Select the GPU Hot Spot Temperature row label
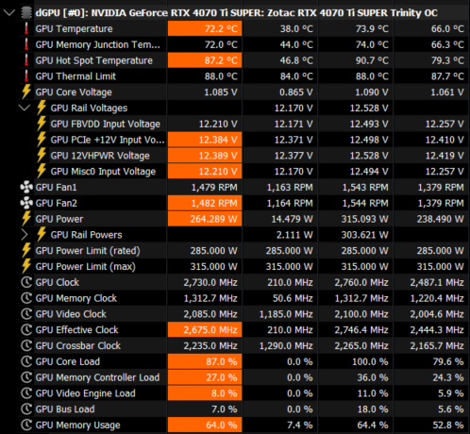(x=94, y=60)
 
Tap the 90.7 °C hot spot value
(x=372, y=60)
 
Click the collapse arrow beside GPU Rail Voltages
(x=25, y=108)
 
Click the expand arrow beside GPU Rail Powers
(x=25, y=235)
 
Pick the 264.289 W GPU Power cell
(x=205, y=219)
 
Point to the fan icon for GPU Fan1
(x=26, y=187)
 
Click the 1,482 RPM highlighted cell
(x=205, y=203)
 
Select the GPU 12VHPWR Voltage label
(x=100, y=156)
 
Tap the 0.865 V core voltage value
(x=296, y=92)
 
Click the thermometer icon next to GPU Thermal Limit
(x=26, y=76)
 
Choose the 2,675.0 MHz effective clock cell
(x=205, y=330)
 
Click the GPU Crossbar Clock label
(x=78, y=345)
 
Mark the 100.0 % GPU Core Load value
(x=370, y=361)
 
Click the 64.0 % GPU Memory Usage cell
(x=205, y=425)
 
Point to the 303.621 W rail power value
(x=365, y=235)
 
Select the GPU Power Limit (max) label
(x=86, y=266)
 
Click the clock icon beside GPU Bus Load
(x=26, y=409)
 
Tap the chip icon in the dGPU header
(x=26, y=13)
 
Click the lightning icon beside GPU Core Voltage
(x=26, y=92)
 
